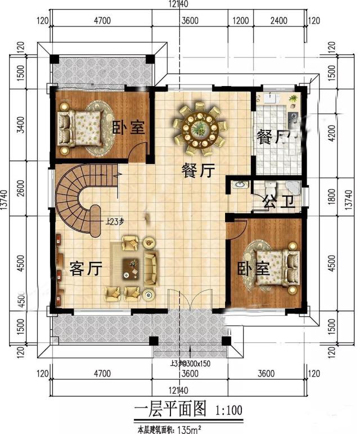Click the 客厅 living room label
(85, 269)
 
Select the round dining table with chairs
(199, 129)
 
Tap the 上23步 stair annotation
(114, 221)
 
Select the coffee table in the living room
(133, 264)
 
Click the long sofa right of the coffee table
(151, 268)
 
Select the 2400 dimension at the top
(278, 21)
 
